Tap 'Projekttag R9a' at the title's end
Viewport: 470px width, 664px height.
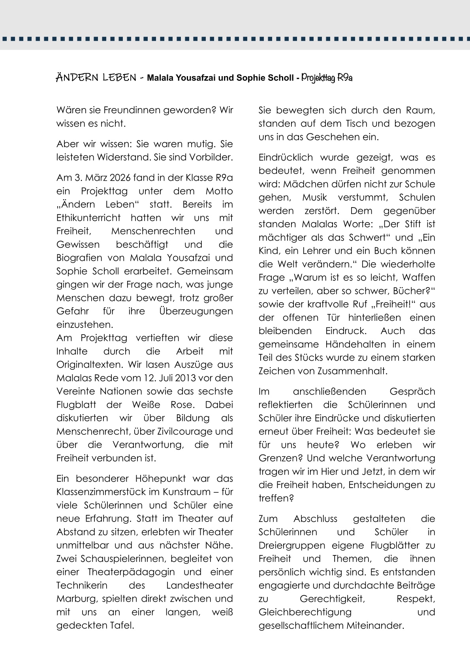327,78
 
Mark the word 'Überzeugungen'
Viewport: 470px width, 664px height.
196,311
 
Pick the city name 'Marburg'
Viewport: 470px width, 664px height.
77,599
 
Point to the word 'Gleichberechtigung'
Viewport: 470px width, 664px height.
305,612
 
